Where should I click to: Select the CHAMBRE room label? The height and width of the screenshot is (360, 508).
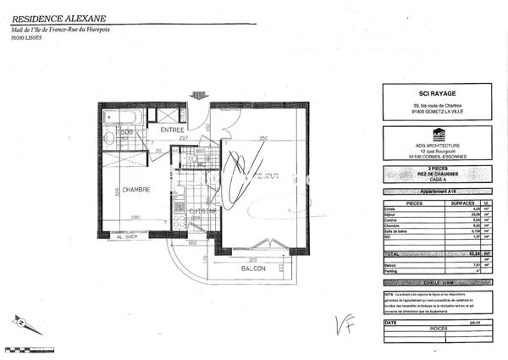(x=133, y=190)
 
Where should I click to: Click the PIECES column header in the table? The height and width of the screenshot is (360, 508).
(x=402, y=203)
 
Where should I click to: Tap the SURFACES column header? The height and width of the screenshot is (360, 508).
(x=462, y=203)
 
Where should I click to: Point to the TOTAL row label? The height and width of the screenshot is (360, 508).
(x=395, y=254)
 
